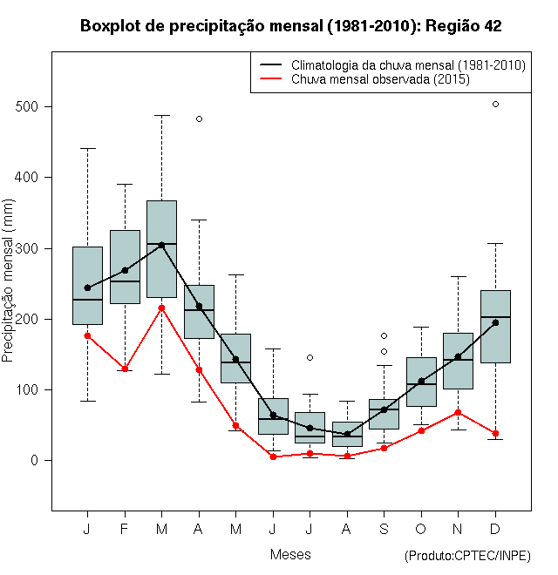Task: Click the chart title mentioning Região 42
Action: tap(290, 26)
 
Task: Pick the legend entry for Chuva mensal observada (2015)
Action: tap(380, 79)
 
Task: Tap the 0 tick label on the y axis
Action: tap(36, 460)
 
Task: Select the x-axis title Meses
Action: tap(290, 554)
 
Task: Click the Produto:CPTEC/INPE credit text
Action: tap(467, 556)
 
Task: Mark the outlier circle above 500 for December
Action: tap(495, 104)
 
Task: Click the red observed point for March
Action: tap(161, 308)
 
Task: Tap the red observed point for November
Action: tap(458, 412)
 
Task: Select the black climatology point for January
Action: tap(87, 287)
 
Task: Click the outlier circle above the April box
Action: tap(199, 118)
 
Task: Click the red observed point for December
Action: tap(495, 433)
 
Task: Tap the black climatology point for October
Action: tap(421, 381)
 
